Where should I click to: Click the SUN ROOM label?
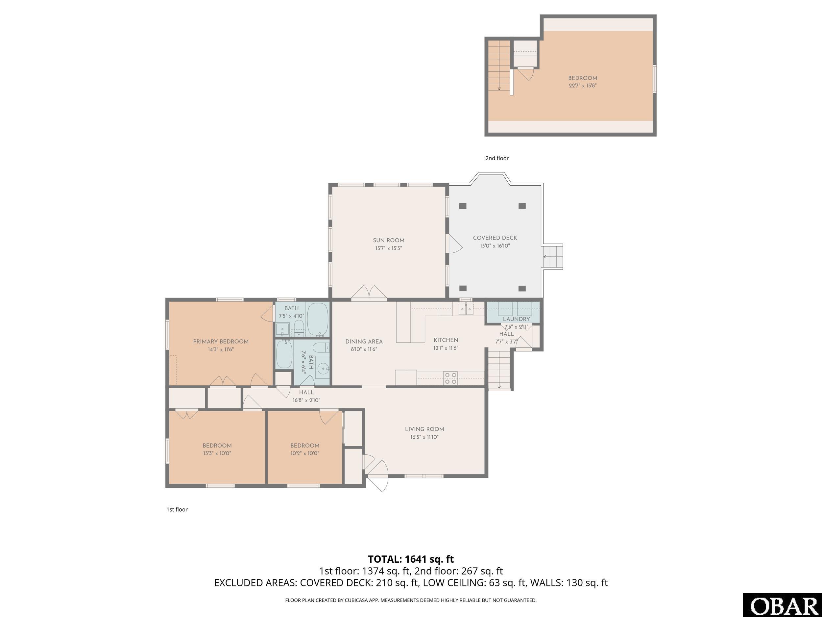(x=389, y=241)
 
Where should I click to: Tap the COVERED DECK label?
(x=495, y=238)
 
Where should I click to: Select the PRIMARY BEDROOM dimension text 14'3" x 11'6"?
(x=221, y=349)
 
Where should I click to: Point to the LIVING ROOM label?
(x=424, y=429)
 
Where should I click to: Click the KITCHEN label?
(x=446, y=340)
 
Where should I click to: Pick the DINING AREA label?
(x=364, y=342)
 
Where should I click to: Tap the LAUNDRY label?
(x=516, y=319)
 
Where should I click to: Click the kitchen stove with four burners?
(x=451, y=378)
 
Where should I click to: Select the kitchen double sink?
(x=466, y=309)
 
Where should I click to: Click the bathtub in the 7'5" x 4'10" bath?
(x=318, y=319)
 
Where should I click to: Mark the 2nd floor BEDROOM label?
(x=583, y=78)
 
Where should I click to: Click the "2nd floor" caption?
(x=497, y=158)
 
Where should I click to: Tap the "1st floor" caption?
(x=177, y=509)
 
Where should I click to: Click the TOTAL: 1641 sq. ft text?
(x=411, y=559)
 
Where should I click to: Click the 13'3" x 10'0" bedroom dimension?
(x=217, y=453)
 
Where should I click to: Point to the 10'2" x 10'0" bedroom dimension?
(x=305, y=453)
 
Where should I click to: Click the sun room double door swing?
(x=369, y=292)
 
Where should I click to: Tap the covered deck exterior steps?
(x=553, y=257)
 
